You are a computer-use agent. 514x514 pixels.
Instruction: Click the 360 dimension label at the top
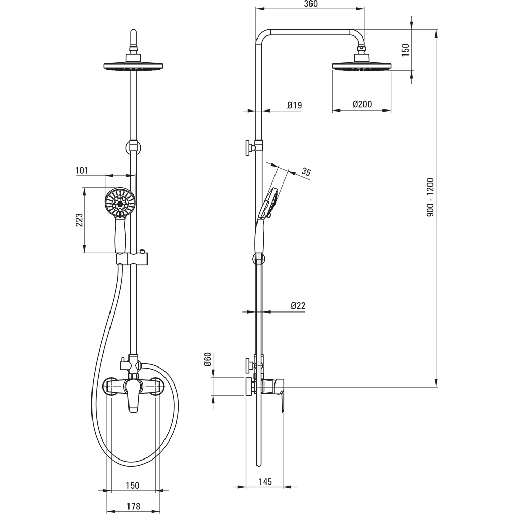point(310,4)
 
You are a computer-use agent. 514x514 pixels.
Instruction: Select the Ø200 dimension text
point(362,104)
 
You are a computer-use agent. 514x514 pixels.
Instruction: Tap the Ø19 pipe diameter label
point(295,105)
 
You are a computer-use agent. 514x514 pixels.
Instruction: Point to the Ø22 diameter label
point(298,306)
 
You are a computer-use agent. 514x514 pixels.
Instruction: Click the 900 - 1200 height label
point(430,197)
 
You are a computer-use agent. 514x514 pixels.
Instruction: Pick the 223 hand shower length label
point(79,220)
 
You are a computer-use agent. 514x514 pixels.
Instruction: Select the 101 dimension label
point(82,170)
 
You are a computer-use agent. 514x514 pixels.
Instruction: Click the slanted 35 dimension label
point(306,172)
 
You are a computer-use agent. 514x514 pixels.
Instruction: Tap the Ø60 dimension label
point(207,360)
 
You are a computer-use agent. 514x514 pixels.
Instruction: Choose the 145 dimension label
point(265,481)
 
